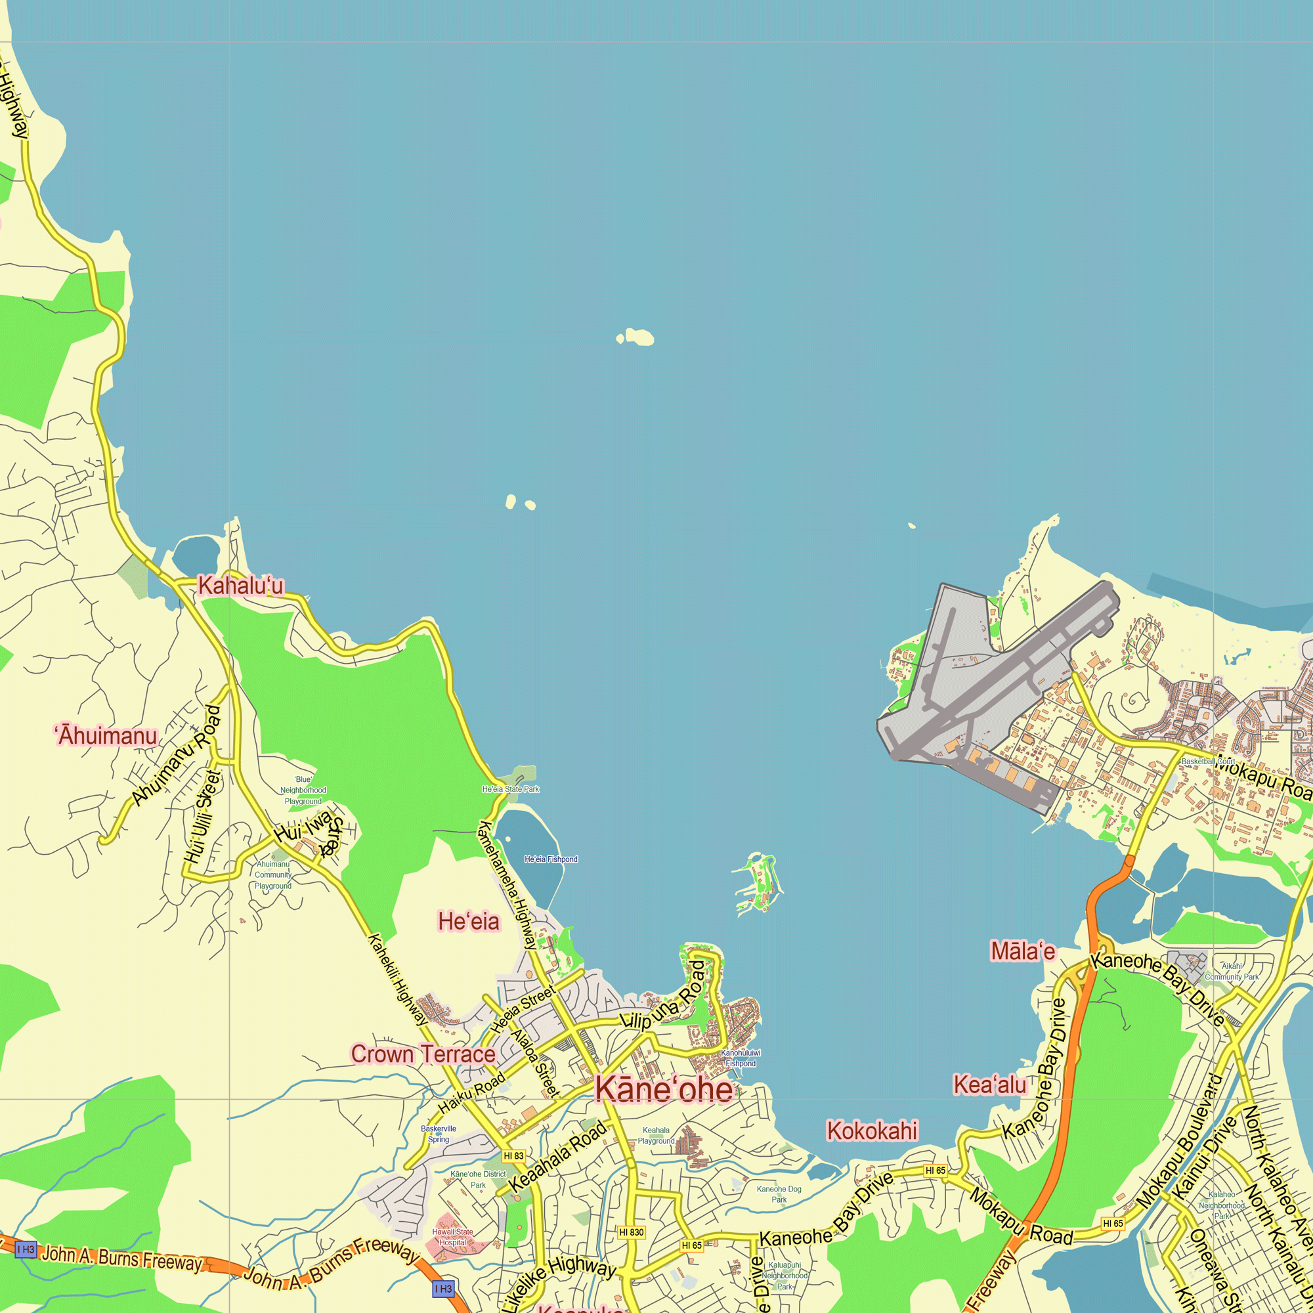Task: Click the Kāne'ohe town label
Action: [x=664, y=1088]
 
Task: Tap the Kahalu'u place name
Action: [x=240, y=585]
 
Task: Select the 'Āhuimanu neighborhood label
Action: [x=106, y=736]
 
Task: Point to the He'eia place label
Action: [x=468, y=922]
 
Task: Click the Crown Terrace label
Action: [x=423, y=1054]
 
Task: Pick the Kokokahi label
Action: [x=871, y=1130]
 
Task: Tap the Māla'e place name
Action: [x=1022, y=951]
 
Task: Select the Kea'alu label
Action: [x=989, y=1085]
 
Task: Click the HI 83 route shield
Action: [x=513, y=1155]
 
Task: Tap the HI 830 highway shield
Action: [x=632, y=1232]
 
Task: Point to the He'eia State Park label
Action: [x=510, y=789]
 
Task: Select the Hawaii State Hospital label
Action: [x=452, y=1237]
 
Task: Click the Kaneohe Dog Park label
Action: [x=779, y=1194]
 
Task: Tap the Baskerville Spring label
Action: [x=439, y=1134]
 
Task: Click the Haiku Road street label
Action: [x=471, y=1092]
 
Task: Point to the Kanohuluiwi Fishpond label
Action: [x=740, y=1058]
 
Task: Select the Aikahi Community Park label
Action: [x=1232, y=971]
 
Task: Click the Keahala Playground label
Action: [x=656, y=1136]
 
